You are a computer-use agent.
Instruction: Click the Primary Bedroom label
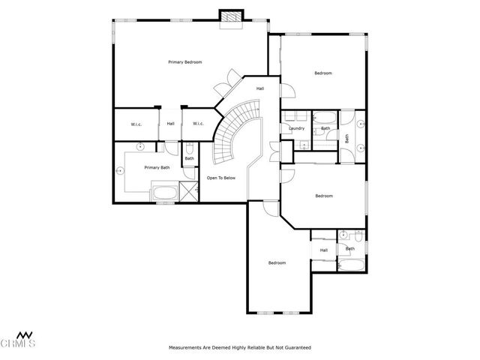click(184, 62)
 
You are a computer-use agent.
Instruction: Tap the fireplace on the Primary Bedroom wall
click(231, 17)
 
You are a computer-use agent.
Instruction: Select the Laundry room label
click(295, 128)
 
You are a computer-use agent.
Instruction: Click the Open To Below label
click(222, 178)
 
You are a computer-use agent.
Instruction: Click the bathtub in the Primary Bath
click(165, 193)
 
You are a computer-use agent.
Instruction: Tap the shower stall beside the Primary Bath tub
click(190, 192)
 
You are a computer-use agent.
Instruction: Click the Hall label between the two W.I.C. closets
click(170, 124)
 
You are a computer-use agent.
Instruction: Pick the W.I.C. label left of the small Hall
click(136, 124)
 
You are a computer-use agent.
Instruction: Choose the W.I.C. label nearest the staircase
click(198, 124)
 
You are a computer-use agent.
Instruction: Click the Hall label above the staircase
click(259, 88)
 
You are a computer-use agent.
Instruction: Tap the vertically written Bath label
click(347, 138)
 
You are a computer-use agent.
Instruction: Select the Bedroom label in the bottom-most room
click(277, 262)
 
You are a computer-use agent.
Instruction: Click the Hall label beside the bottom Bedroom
click(323, 250)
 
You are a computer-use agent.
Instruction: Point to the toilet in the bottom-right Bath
click(358, 236)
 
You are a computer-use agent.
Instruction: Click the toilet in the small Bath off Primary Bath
click(190, 148)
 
